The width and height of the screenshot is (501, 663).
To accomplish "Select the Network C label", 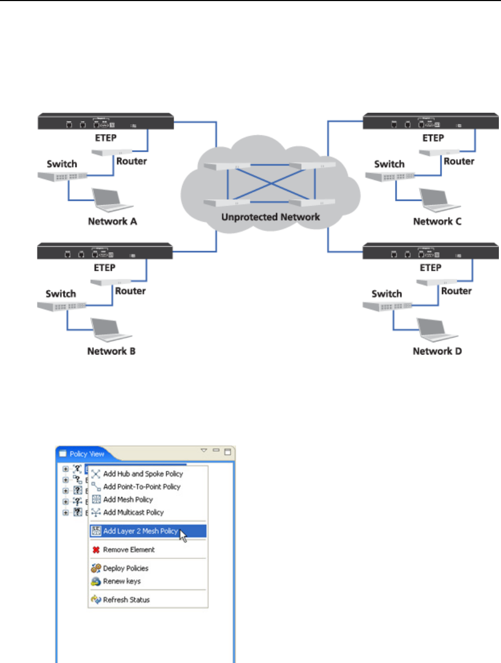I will pyautogui.click(x=437, y=221).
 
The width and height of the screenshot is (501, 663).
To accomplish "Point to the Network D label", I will pyautogui.click(x=437, y=352).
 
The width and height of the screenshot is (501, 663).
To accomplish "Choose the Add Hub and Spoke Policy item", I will pyautogui.click(x=143, y=474).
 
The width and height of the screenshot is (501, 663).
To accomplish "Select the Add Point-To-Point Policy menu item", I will pyautogui.click(x=142, y=487).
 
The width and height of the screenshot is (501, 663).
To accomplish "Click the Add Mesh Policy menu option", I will pyautogui.click(x=128, y=500).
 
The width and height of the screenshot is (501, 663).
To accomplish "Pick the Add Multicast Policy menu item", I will pyautogui.click(x=133, y=512).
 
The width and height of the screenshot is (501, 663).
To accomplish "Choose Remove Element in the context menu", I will pyautogui.click(x=129, y=550).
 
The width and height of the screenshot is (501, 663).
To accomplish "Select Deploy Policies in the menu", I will pyautogui.click(x=126, y=568).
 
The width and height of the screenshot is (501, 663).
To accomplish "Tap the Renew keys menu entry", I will pyautogui.click(x=122, y=581).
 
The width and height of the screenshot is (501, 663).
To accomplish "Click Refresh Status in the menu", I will pyautogui.click(x=126, y=600).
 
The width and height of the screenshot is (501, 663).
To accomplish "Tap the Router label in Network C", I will pyautogui.click(x=459, y=161).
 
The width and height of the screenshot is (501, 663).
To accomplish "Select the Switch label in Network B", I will pyautogui.click(x=60, y=293).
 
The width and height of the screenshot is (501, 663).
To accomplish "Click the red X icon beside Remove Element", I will pyautogui.click(x=96, y=550).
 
